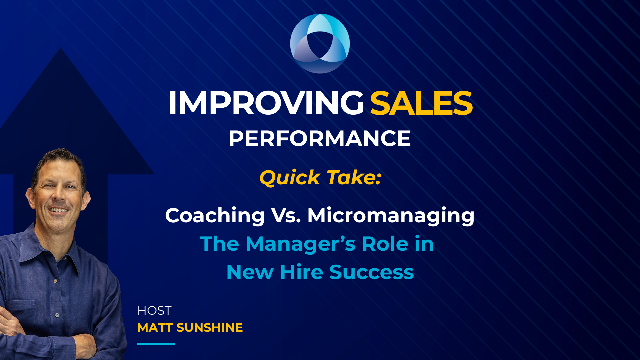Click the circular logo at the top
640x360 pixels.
click(320, 43)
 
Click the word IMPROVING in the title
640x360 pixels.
click(266, 103)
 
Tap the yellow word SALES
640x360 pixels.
click(421, 103)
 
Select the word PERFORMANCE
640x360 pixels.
click(320, 139)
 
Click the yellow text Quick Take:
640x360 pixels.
click(320, 178)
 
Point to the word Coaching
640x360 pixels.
click(215, 216)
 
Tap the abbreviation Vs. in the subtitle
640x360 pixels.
click(286, 216)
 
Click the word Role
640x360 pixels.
click(385, 244)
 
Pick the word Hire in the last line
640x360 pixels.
click(301, 272)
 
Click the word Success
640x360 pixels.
click(371, 272)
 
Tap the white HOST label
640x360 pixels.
click(154, 311)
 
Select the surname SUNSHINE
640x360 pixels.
click(210, 328)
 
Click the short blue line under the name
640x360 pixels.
click(156, 344)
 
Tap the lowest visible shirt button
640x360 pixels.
click(57, 315)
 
